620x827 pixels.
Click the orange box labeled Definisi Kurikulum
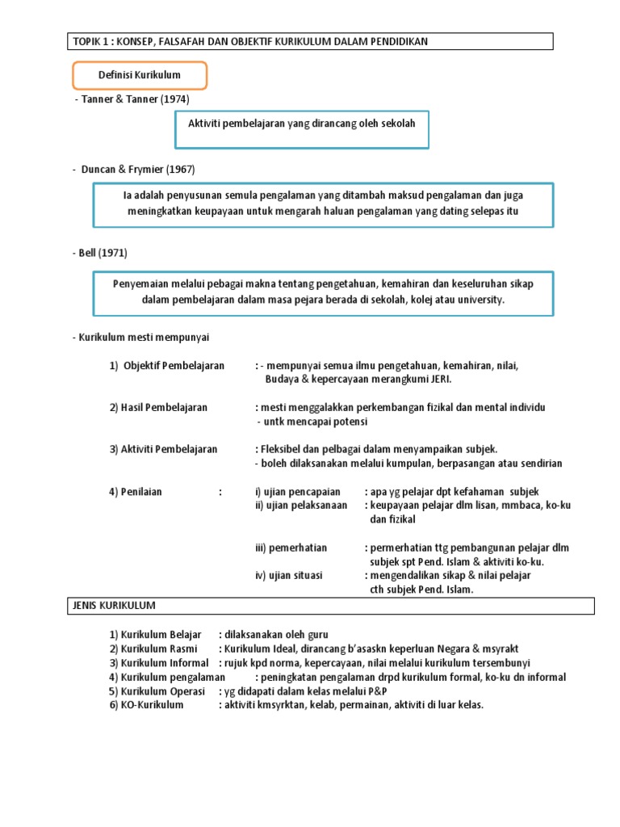140,75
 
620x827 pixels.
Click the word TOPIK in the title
88,41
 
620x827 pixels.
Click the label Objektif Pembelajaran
174,366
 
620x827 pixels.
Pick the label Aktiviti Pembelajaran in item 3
169,449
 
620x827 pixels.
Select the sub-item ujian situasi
295,575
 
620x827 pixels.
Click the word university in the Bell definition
478,299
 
